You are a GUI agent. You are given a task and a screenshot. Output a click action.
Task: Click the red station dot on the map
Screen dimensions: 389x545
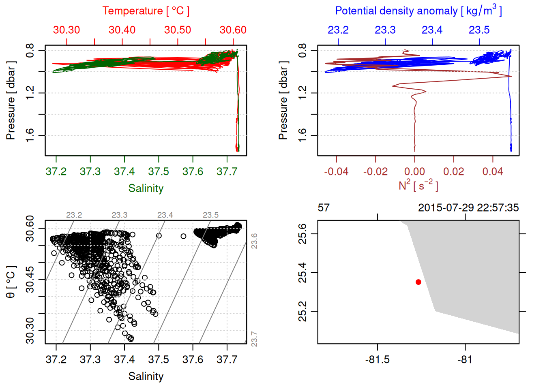[418, 282]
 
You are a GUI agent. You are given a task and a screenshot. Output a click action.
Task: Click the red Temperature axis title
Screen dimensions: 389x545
[146, 11]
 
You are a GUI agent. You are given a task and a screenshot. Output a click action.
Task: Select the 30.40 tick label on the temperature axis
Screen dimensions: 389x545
[122, 30]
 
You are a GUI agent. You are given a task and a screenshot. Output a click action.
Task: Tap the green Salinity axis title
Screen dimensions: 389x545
[146, 188]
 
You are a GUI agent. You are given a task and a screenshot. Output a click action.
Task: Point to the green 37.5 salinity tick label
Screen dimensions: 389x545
[159, 172]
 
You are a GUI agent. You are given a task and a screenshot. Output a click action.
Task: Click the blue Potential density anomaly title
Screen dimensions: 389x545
[418, 11]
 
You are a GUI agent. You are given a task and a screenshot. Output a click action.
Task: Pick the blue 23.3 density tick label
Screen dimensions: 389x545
[385, 30]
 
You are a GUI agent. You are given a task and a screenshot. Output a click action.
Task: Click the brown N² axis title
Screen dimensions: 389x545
[418, 186]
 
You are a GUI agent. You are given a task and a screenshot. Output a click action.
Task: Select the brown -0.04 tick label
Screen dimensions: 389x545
[336, 172]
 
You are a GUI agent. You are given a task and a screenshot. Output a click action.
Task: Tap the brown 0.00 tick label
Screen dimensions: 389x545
[414, 172]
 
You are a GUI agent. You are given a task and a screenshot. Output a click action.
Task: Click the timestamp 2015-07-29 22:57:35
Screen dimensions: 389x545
[468, 208]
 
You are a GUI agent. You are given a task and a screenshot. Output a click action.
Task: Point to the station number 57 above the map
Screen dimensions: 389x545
[324, 208]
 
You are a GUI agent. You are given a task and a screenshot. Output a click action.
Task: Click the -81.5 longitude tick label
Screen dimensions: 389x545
[378, 360]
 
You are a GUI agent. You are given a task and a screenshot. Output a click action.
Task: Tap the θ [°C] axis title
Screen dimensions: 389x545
[11, 282]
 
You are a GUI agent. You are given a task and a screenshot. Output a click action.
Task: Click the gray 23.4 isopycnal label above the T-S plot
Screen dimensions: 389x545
[165, 215]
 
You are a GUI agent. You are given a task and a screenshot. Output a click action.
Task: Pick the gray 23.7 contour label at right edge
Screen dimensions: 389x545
[254, 339]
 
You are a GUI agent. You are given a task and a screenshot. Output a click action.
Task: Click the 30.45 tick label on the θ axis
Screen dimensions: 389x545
[30, 280]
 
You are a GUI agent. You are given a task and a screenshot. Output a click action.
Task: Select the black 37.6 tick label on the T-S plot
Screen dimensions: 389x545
[193, 360]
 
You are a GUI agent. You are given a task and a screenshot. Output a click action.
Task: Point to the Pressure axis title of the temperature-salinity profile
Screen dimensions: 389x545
[11, 100]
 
